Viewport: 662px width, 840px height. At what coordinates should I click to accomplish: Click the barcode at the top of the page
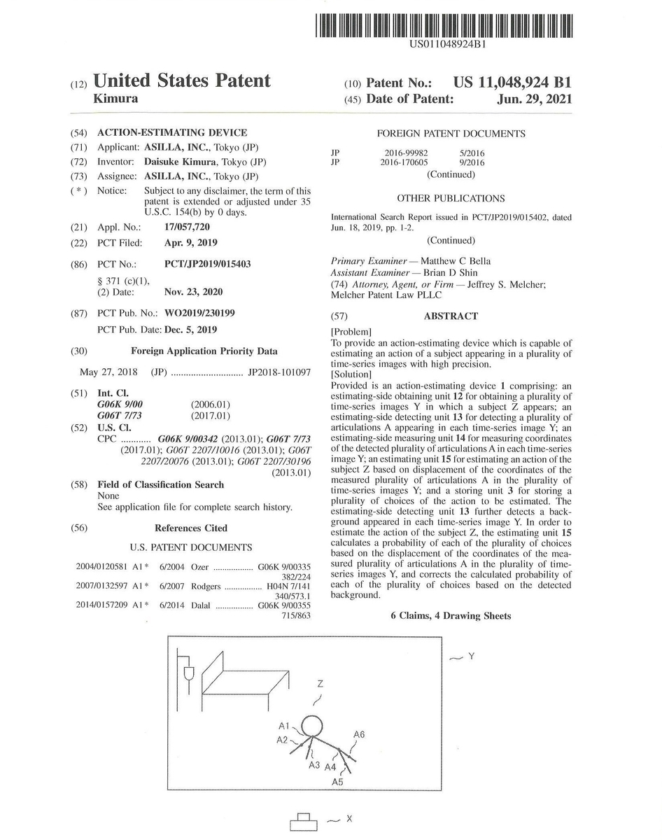(x=444, y=25)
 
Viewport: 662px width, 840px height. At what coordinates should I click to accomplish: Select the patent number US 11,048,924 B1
(x=512, y=82)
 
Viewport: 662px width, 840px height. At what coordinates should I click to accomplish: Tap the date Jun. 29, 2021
(x=534, y=99)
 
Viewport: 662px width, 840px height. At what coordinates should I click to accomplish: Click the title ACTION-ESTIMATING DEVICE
(x=171, y=132)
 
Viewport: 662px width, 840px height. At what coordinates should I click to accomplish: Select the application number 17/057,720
(x=186, y=227)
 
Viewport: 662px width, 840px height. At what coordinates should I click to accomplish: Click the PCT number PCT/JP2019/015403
(x=207, y=264)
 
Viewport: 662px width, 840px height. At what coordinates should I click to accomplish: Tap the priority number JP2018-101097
(x=279, y=372)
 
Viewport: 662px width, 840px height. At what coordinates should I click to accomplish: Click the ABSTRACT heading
(x=451, y=316)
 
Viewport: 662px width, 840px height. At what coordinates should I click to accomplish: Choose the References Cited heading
(x=191, y=528)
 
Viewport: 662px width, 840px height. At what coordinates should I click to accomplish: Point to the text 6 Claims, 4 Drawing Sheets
(x=451, y=616)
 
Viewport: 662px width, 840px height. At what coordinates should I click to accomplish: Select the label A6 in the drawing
(x=360, y=734)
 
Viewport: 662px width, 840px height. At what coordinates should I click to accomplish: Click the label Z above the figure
(x=320, y=682)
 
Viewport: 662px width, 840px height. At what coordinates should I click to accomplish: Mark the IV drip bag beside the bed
(x=188, y=674)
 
